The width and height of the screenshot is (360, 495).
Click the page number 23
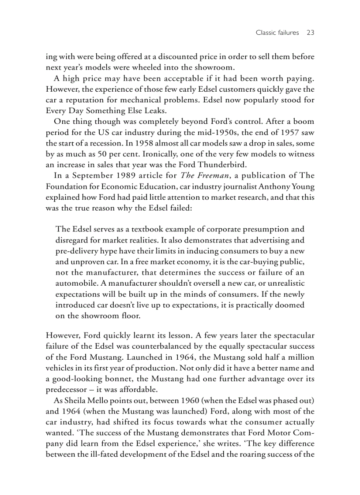pyautogui.click(x=310, y=33)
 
